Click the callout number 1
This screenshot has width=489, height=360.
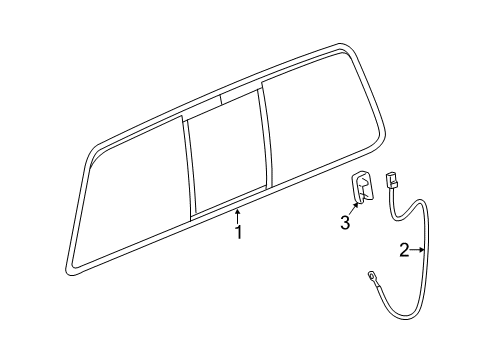pos(238,232)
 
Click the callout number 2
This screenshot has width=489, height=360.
pos(405,252)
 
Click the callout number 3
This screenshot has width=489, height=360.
pos(344,224)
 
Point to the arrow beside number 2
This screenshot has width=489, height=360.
pos(420,251)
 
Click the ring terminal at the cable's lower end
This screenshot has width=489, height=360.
pos(371,277)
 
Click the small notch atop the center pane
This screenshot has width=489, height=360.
pos(237,98)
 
